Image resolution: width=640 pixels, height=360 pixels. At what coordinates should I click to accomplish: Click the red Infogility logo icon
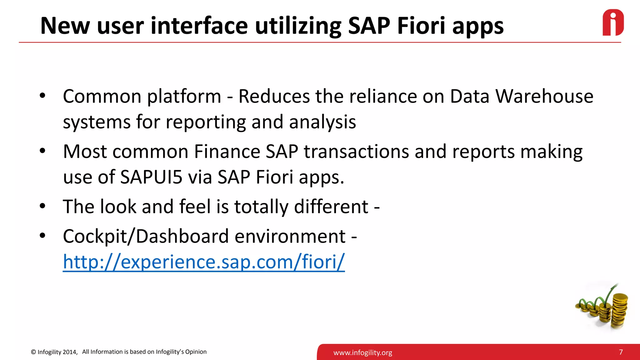point(613,22)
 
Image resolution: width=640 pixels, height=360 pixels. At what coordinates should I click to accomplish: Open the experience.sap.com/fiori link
point(204,262)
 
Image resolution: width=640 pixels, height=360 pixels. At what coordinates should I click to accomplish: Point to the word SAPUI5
point(151,177)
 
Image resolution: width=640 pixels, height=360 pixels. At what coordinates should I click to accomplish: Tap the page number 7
point(621,352)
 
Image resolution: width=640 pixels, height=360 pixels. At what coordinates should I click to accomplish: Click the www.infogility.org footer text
point(362,353)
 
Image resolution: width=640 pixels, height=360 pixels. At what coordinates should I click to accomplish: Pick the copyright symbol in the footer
point(33,352)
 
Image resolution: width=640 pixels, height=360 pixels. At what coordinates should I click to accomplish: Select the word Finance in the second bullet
point(227,152)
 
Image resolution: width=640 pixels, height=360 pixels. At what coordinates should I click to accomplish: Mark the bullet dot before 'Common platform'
point(42,96)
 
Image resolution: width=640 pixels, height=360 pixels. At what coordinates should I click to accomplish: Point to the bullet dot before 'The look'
point(42,206)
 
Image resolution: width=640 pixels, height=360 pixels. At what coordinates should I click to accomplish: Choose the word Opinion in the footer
point(196,352)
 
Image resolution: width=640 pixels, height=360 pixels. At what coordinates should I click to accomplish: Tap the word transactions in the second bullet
point(356,152)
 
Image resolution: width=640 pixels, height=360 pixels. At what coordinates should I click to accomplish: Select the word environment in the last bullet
point(290,236)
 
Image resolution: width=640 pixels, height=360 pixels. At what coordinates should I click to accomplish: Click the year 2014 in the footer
point(70,352)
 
